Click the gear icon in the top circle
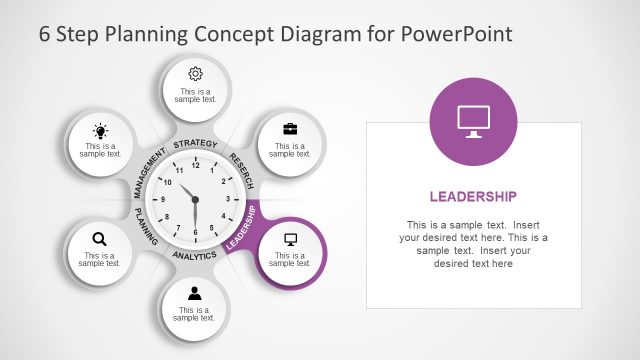coord(195,73)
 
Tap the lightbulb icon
coord(100,131)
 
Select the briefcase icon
coord(290,129)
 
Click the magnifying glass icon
coord(99,238)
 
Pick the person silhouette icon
coord(195,293)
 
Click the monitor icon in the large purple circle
coord(473,118)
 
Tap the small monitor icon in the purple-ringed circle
coord(291,239)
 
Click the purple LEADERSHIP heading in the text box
coord(473,196)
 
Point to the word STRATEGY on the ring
coord(195,145)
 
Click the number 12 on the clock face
coord(195,165)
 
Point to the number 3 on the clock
coord(229,199)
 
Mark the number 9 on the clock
coord(162,200)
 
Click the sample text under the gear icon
coord(195,96)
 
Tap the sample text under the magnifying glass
coord(100,260)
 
